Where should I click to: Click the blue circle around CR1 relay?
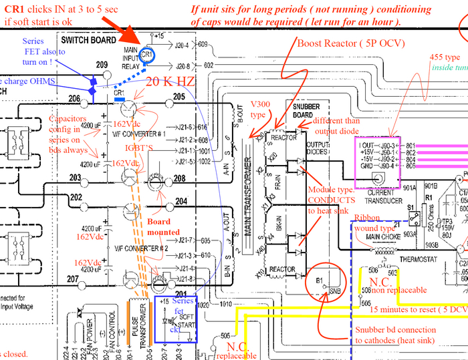148,54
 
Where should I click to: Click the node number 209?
102,65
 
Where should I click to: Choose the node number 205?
179,97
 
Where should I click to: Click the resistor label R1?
426,198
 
